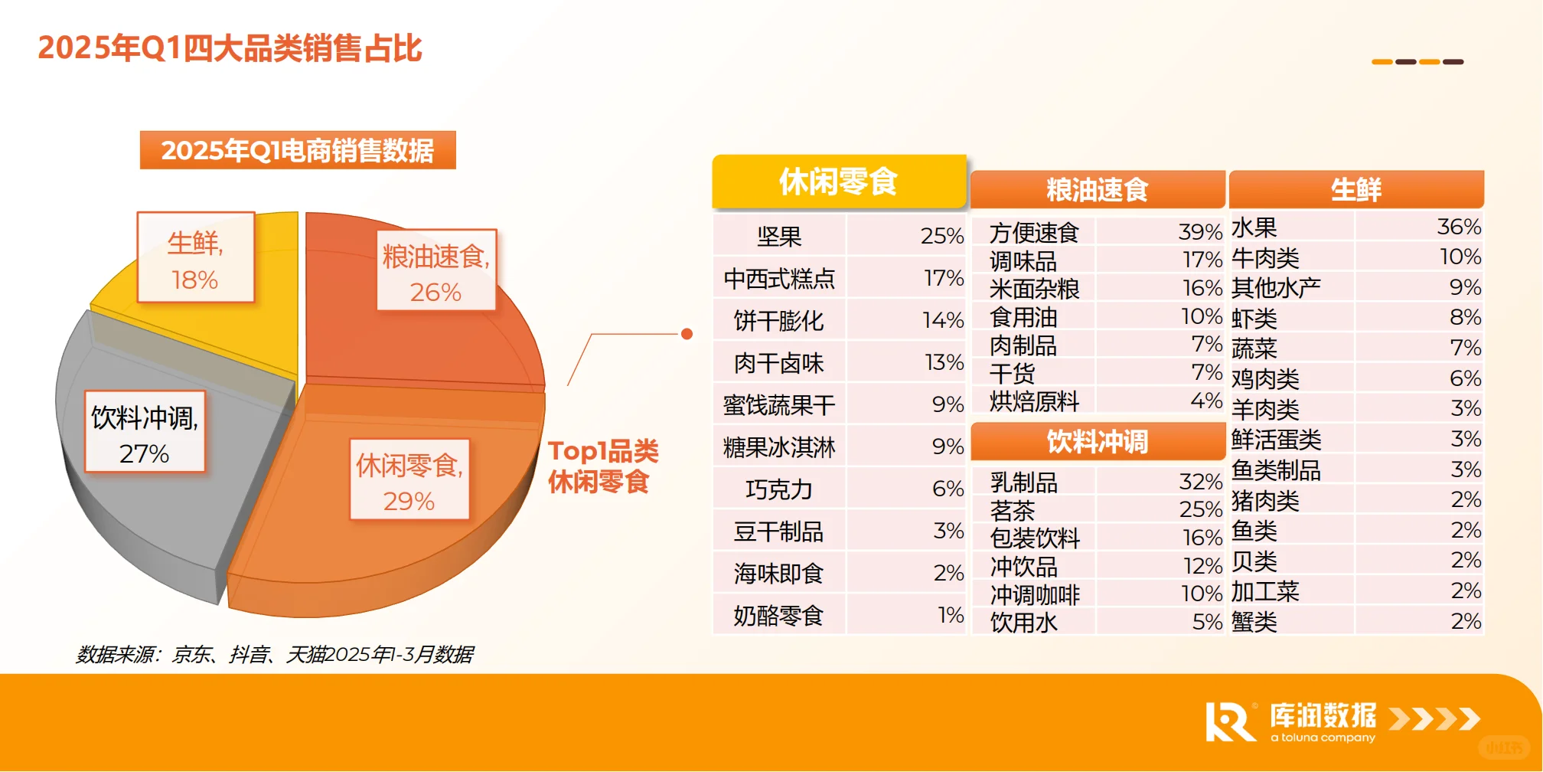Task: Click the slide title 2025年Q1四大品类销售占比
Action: tap(230, 48)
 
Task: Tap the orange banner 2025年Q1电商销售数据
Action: tap(298, 150)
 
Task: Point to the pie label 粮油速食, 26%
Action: tap(436, 273)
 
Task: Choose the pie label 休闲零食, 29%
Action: tap(409, 482)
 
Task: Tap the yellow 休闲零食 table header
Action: tap(839, 182)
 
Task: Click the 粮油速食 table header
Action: tap(1097, 189)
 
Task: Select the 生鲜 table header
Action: tap(1355, 189)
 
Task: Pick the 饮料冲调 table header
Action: tap(1097, 441)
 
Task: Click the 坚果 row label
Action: tap(779, 237)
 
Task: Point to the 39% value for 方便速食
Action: tap(1200, 231)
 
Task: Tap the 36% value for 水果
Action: tap(1459, 227)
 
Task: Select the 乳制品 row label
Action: tap(1023, 483)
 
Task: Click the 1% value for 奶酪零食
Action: tap(951, 614)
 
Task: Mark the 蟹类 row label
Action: tap(1254, 621)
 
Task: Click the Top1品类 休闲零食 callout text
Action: tap(602, 466)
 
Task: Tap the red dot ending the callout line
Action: tap(687, 334)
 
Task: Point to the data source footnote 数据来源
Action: tap(275, 654)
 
